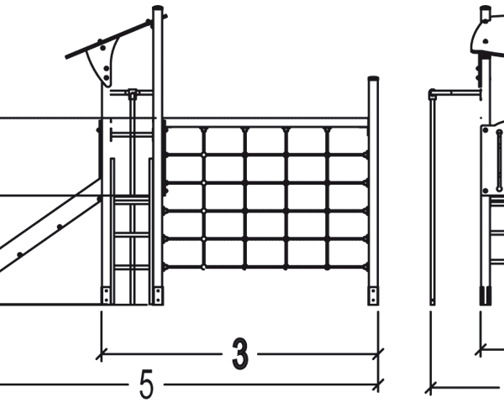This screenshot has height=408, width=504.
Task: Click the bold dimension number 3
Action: coord(239,354)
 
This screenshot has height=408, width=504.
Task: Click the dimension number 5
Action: coord(146,384)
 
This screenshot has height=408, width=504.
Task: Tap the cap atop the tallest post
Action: coord(158,8)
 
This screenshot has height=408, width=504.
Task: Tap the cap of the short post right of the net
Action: coord(373,78)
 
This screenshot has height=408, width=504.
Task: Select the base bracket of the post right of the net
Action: coord(373,296)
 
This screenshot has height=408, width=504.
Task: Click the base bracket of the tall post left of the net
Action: coord(158,296)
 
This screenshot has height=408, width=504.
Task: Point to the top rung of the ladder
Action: coord(132,200)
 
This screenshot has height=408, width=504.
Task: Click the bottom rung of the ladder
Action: coord(132,267)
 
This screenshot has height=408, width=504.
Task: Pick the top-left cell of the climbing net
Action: coord(183,141)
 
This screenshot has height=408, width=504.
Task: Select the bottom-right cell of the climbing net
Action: coord(348,254)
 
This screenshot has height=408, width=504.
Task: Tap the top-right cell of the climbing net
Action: coord(348,141)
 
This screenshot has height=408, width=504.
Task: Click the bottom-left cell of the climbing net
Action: coord(183,254)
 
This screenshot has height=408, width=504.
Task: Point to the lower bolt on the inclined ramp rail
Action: coord(19,254)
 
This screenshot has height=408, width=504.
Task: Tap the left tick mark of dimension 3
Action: coord(101,354)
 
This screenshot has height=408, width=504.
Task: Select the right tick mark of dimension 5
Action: coord(378,384)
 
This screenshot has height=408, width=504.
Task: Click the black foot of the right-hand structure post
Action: coord(486,296)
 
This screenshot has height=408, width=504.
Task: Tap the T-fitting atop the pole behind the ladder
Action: coord(133,94)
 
